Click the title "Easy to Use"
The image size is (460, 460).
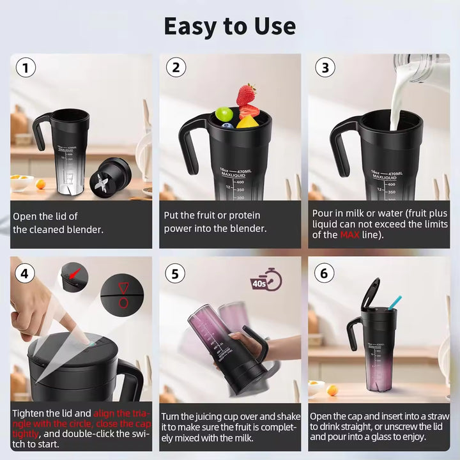229,26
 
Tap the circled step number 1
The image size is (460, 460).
25,68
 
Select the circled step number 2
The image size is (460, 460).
177,68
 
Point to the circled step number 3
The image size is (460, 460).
325,68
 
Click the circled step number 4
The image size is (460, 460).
25,273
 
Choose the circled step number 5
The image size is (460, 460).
176,273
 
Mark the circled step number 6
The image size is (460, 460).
325,273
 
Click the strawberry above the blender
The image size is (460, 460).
246,95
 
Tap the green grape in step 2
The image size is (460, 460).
223,114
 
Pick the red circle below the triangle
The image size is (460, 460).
123,303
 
